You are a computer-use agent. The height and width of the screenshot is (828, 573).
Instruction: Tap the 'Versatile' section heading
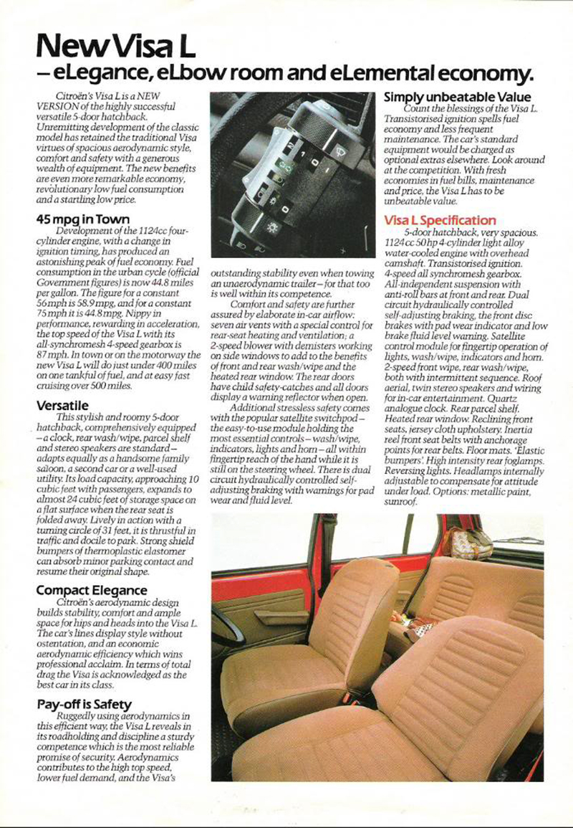64,406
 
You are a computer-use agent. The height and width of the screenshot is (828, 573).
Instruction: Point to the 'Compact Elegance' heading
92,591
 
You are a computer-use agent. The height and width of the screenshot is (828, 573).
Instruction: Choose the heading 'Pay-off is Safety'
84,705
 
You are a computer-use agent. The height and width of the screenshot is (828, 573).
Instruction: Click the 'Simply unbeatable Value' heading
458,97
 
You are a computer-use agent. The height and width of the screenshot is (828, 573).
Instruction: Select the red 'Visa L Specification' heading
440,220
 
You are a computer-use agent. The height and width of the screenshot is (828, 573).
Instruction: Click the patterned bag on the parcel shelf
466,543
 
